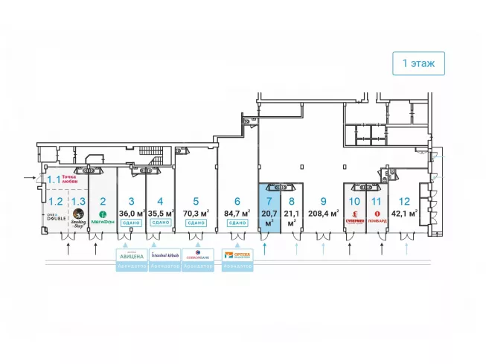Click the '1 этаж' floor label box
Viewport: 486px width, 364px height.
[419, 64]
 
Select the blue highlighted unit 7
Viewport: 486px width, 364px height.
[269, 208]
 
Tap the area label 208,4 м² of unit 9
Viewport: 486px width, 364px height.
[323, 212]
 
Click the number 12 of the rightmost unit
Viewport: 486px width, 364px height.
[404, 200]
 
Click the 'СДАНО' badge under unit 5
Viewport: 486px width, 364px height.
[196, 223]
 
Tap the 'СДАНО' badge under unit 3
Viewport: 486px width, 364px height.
[131, 223]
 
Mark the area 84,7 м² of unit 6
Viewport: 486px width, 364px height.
[237, 212]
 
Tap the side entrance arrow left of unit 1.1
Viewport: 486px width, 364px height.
[29, 178]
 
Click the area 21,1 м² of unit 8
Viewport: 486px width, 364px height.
[292, 216]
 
